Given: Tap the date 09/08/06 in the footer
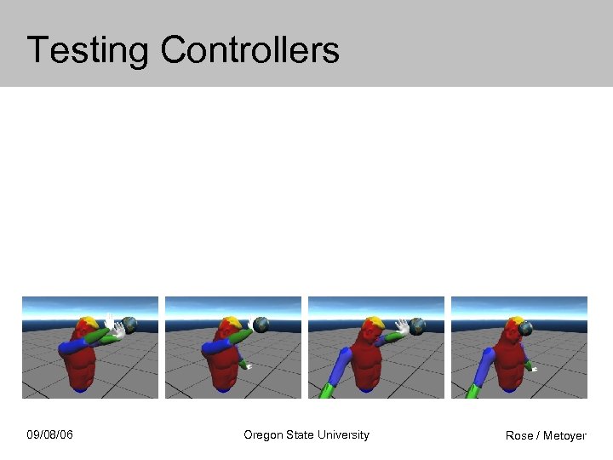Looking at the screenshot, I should coord(49,435).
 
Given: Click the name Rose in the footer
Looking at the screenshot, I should coord(518,436).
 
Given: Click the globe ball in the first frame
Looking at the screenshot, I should coord(129,324).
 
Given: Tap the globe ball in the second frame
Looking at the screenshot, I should coord(261,325).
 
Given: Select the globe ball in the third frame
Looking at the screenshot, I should coord(417,325).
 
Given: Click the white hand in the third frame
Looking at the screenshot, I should coord(400,326).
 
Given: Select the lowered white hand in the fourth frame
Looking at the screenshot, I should coord(531,368).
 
